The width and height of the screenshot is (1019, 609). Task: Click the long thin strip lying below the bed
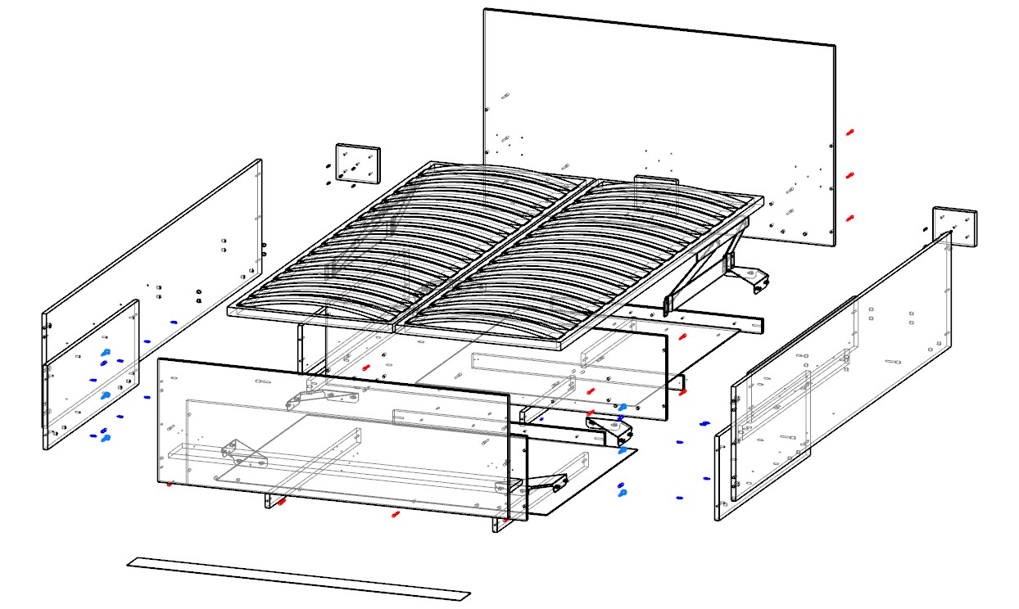(299, 579)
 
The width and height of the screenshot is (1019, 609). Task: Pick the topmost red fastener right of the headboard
(850, 132)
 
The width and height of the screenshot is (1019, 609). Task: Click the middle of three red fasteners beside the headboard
(850, 175)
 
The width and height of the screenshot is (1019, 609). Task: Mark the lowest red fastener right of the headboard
(850, 218)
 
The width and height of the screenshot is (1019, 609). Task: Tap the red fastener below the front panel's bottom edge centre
(396, 514)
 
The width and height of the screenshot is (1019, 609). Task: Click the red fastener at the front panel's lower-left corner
(170, 485)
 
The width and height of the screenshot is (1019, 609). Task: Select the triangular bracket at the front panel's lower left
(243, 453)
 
